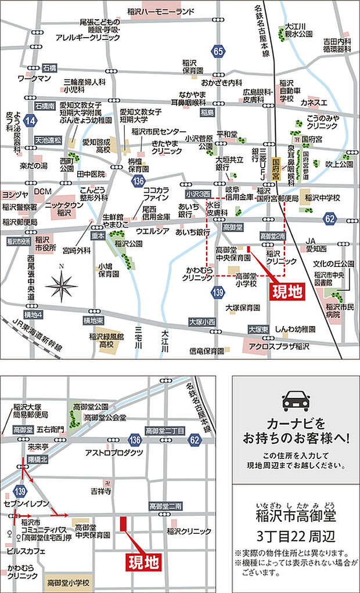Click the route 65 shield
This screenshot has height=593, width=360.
[218, 52]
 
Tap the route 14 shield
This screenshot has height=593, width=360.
[31, 121]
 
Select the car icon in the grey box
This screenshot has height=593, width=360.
[295, 401]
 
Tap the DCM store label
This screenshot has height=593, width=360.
[43, 191]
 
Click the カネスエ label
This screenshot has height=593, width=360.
[315, 102]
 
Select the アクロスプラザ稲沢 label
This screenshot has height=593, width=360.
[278, 347]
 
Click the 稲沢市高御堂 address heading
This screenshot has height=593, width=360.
[296, 515]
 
